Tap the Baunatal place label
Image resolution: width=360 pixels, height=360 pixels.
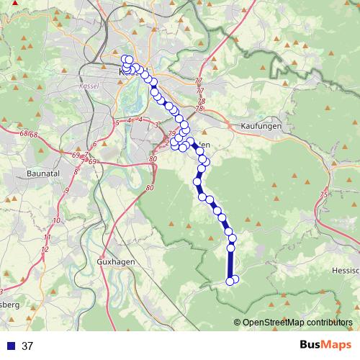pyautogui.click(x=44, y=174)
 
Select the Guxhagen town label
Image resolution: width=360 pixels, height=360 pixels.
pyautogui.click(x=115, y=261)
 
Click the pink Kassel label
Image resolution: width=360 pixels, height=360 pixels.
pyautogui.click(x=90, y=85)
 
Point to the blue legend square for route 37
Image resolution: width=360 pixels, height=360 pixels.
pyautogui.click(x=10, y=346)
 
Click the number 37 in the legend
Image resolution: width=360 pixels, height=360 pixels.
pyautogui.click(x=27, y=346)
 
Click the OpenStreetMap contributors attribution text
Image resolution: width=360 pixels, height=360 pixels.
pyautogui.click(x=297, y=322)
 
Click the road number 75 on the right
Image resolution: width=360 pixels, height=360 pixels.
pyautogui.click(x=324, y=195)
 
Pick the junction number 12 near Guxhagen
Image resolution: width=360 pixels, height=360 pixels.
pyautogui.click(x=45, y=249)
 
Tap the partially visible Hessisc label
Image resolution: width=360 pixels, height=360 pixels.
pyautogui.click(x=345, y=268)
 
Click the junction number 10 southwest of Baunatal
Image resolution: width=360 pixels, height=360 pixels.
pyautogui.click(x=56, y=220)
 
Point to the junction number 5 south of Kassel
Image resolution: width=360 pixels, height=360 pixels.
pyautogui.click(x=117, y=122)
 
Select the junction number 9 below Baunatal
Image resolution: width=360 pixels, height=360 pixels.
pyautogui.click(x=66, y=190)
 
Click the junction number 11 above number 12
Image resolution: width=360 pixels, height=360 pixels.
pyautogui.click(x=47, y=237)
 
